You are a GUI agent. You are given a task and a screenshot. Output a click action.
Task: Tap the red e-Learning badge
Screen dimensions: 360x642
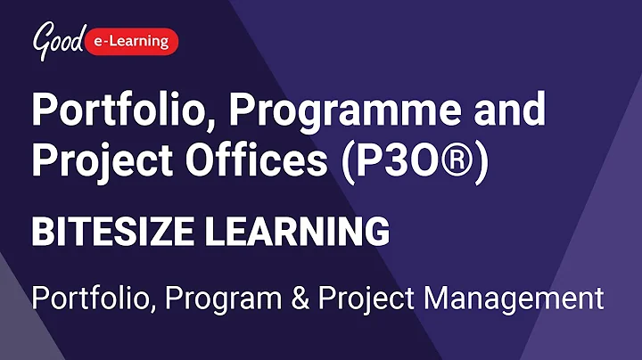pos(133,40)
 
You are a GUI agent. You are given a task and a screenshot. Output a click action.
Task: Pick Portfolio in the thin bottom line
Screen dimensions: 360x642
pos(87,298)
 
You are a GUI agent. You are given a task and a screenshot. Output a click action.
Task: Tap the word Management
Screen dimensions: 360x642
pos(516,299)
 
